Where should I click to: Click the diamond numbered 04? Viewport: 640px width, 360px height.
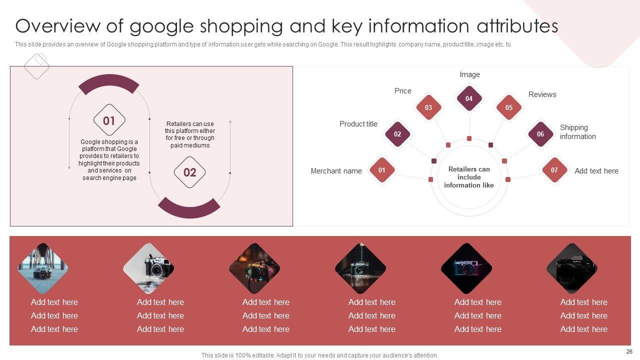469,98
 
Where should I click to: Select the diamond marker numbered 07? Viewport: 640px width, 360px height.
554,170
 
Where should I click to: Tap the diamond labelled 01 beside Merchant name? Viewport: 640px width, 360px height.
381,170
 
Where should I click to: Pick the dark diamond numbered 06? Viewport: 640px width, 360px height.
540,134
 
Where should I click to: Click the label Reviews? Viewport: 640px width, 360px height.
542,94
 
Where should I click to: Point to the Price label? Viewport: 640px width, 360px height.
402,91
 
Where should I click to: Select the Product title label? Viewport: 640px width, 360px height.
358,124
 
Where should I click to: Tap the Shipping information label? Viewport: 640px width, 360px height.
577,132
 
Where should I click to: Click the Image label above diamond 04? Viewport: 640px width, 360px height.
469,74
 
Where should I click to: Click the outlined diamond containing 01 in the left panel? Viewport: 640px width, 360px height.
109,120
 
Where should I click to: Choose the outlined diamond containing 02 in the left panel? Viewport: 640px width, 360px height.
189,172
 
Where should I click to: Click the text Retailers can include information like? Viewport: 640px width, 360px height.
469,177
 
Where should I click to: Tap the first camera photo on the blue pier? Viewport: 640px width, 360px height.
42,268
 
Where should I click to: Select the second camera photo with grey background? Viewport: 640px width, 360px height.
148,268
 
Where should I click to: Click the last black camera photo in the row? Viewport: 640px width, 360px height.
571,268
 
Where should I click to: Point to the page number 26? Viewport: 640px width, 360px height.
629,351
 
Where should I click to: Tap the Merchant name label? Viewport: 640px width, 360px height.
336,171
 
